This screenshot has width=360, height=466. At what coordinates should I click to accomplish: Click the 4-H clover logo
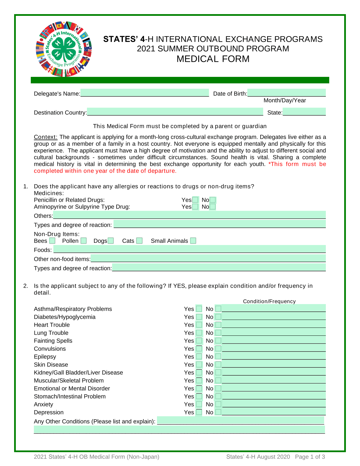(64, 49)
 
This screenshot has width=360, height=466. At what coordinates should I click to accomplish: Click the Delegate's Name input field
(145, 93)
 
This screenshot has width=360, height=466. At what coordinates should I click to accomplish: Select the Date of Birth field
(286, 93)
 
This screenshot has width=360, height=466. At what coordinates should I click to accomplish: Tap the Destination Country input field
(175, 112)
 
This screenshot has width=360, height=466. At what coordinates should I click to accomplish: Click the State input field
(304, 112)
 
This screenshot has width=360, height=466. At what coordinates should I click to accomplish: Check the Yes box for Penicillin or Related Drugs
(195, 200)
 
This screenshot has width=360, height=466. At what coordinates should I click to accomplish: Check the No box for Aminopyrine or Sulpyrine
(213, 207)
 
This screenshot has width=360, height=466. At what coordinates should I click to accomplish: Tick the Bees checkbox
(52, 241)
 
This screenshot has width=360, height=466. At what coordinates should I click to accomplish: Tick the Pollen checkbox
(84, 241)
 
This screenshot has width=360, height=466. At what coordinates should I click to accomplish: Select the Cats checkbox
(139, 241)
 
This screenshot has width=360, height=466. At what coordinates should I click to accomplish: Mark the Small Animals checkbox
(193, 241)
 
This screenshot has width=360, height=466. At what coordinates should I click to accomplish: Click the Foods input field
(189, 249)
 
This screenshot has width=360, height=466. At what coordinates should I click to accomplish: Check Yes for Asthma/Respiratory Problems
(199, 309)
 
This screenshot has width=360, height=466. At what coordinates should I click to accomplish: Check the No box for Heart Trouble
(218, 325)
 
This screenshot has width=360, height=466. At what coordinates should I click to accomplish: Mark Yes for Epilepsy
(199, 356)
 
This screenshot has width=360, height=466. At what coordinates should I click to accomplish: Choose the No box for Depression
(218, 412)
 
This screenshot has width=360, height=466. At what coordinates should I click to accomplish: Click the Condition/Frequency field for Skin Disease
(274, 364)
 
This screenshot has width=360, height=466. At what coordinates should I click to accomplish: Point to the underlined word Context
(45, 137)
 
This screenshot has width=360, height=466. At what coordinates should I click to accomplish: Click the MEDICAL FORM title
(213, 59)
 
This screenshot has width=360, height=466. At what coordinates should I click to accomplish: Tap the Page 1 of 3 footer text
(310, 457)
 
